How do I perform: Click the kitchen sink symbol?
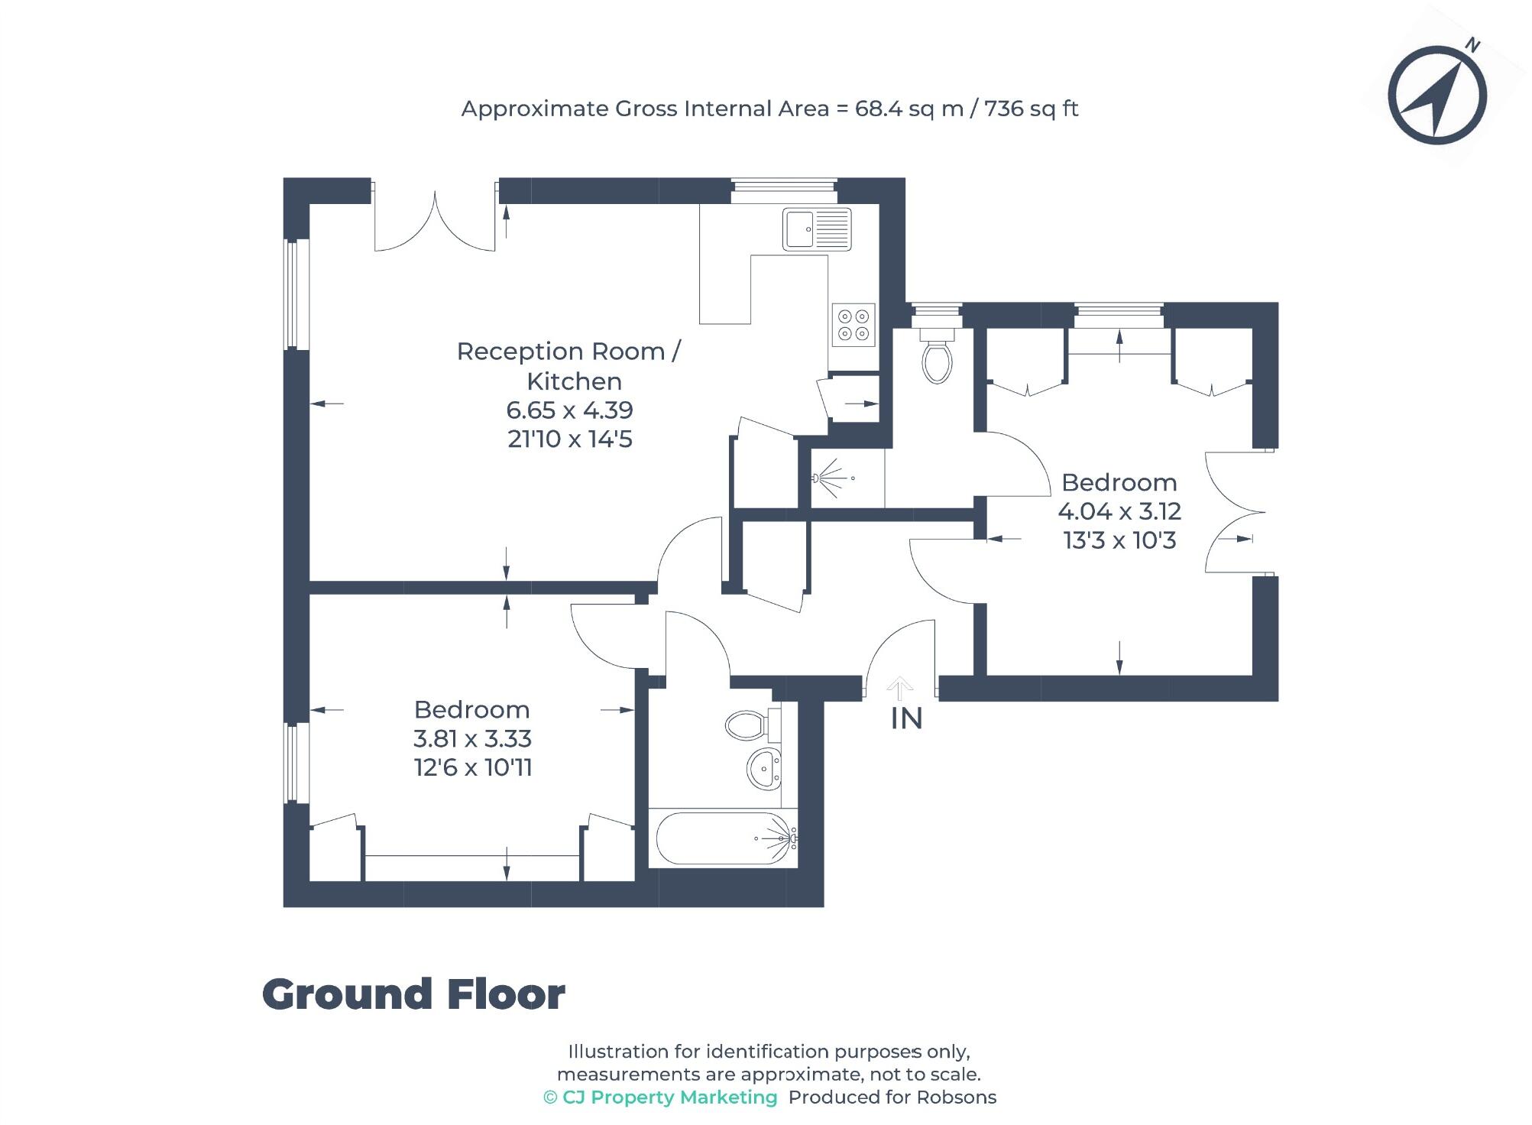[816, 229]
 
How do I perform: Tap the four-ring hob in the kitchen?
[853, 325]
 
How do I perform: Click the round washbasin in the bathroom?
[763, 768]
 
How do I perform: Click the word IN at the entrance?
[906, 719]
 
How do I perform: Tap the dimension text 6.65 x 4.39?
[569, 410]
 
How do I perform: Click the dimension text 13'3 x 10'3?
[1119, 541]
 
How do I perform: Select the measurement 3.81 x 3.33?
[472, 739]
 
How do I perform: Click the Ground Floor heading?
[413, 995]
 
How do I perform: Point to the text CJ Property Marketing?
[669, 1097]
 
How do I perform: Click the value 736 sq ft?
[1031, 109]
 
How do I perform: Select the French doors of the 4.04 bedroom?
[1234, 512]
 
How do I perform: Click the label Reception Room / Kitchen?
[569, 366]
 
